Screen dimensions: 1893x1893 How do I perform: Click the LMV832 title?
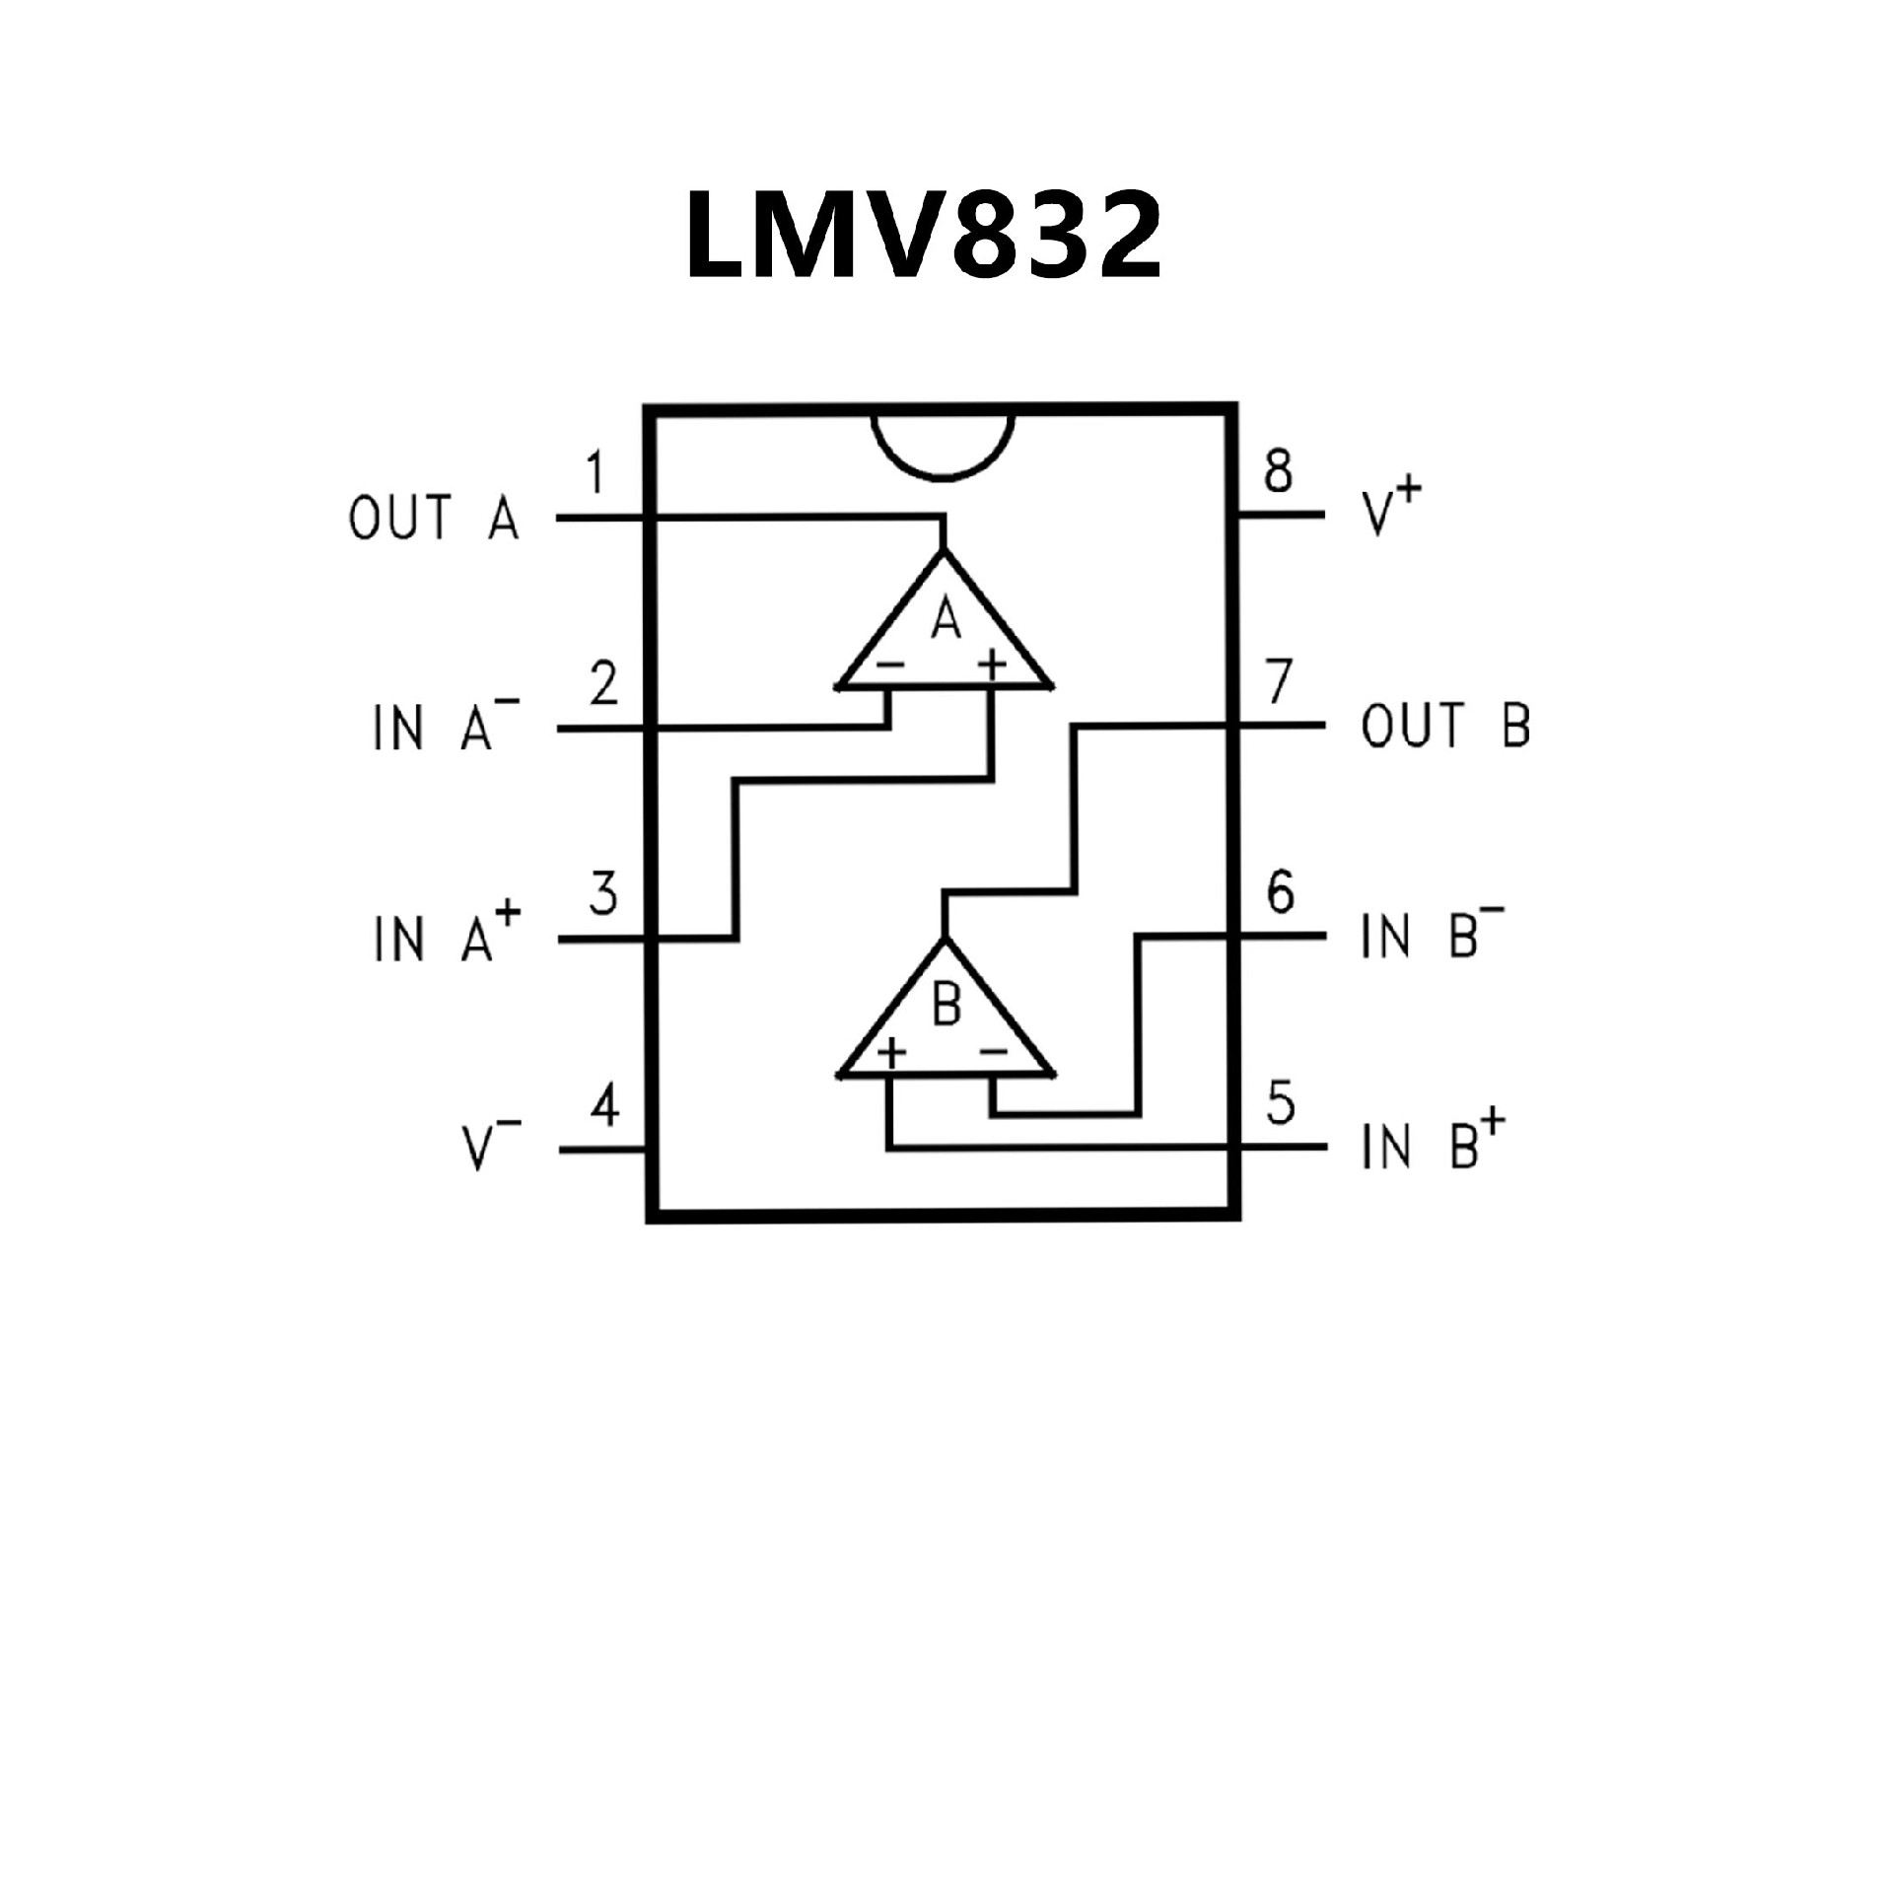924,234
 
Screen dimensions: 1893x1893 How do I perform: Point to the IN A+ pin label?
446,936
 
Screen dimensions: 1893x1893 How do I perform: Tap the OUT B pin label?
1445,726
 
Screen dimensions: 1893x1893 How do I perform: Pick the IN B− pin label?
1432,934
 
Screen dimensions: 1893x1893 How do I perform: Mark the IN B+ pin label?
1433,1144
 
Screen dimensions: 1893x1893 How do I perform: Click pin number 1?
595,472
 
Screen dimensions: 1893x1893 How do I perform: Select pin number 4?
604,1105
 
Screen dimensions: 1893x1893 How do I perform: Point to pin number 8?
1278,471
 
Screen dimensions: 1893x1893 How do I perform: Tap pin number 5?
1280,1103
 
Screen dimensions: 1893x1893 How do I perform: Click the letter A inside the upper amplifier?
946,620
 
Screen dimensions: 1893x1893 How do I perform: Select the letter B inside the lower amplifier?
946,1007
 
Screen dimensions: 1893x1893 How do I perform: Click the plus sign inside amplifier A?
992,666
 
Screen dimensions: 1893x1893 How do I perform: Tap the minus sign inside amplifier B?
993,1053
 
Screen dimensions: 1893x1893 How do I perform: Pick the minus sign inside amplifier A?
889,666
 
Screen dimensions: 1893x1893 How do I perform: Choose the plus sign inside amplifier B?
891,1053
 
